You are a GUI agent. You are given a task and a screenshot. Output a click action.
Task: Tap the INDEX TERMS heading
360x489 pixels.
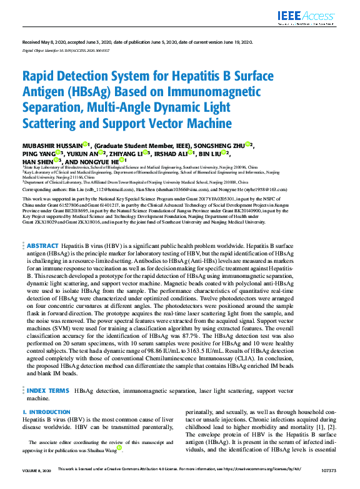(49, 390)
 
